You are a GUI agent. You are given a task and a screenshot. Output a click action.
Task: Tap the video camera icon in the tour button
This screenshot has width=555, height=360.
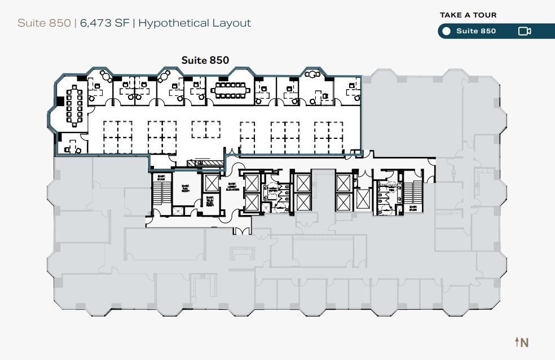pyautogui.click(x=524, y=31)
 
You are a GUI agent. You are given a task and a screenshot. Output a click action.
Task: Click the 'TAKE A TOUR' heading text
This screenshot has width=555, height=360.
pyautogui.click(x=468, y=15)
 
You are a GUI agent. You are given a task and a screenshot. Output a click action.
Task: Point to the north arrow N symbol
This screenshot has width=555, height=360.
pyautogui.click(x=521, y=342)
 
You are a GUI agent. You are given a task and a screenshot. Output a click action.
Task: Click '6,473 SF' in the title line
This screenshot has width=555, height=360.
pyautogui.click(x=105, y=23)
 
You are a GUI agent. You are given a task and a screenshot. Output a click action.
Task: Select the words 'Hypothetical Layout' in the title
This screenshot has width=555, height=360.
pyautogui.click(x=195, y=23)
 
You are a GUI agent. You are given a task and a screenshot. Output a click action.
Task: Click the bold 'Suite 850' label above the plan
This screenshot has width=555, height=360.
pyautogui.click(x=205, y=59)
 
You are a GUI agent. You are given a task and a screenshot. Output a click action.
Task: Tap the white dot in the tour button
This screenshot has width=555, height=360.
pyautogui.click(x=446, y=31)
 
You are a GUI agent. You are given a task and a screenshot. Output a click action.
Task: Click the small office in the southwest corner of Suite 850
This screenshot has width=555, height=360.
pyautogui.click(x=72, y=144)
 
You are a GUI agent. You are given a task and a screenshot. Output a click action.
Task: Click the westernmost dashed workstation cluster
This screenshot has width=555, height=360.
pyautogui.click(x=117, y=136)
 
